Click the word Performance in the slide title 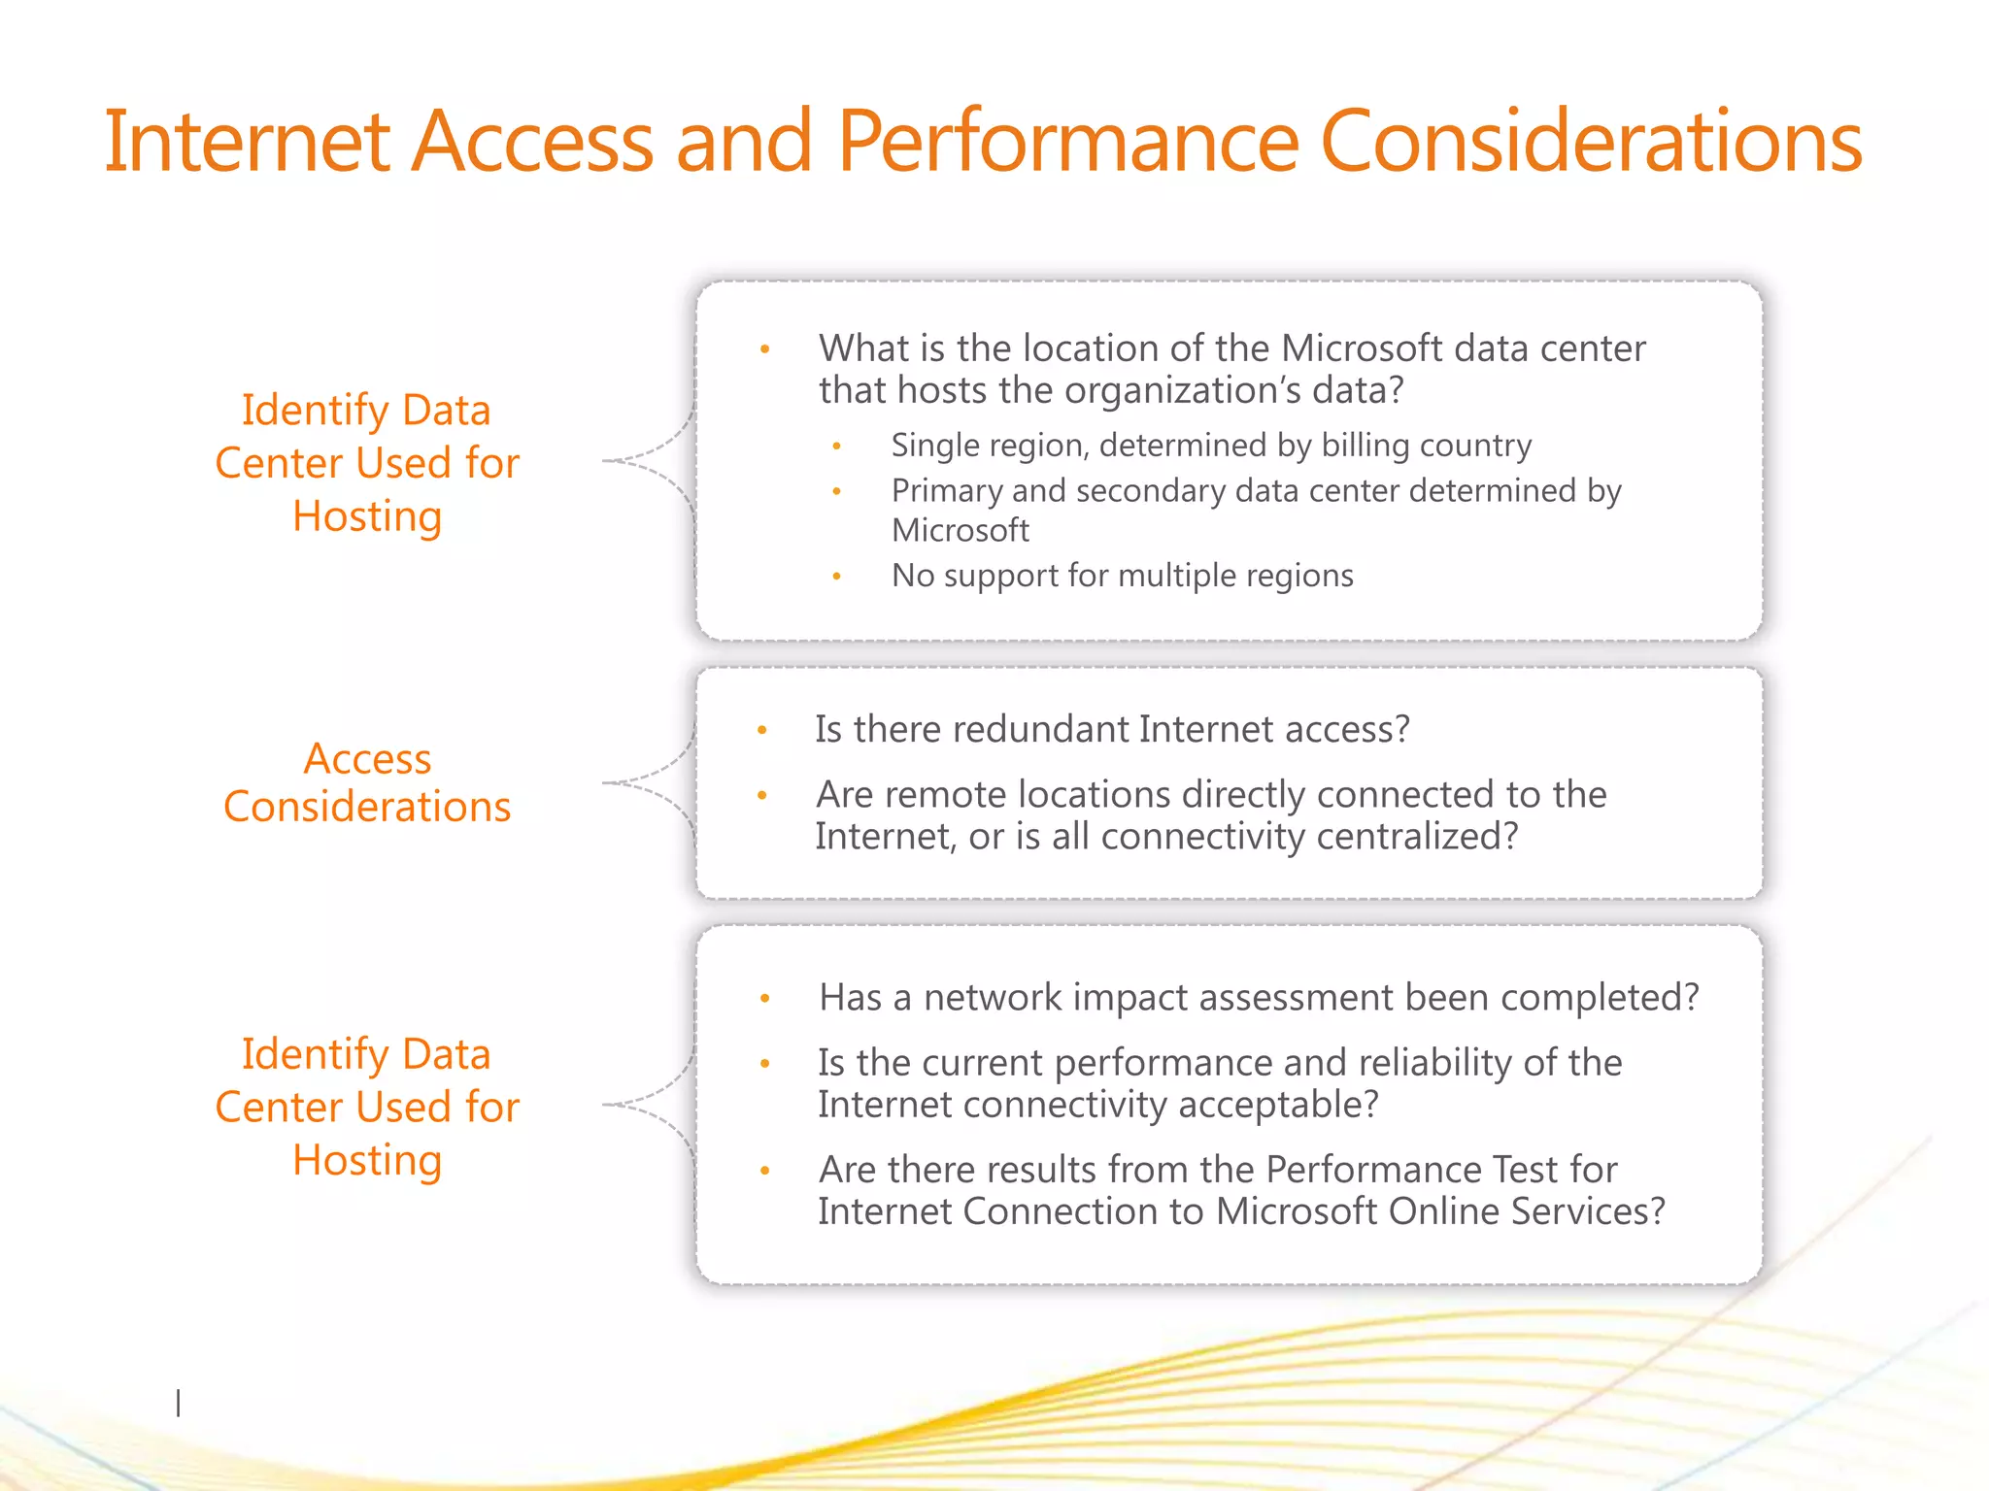[1066, 143]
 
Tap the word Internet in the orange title [247, 143]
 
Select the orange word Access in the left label [367, 759]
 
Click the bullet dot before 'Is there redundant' [762, 730]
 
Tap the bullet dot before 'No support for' [836, 577]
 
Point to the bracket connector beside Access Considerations [649, 782]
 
